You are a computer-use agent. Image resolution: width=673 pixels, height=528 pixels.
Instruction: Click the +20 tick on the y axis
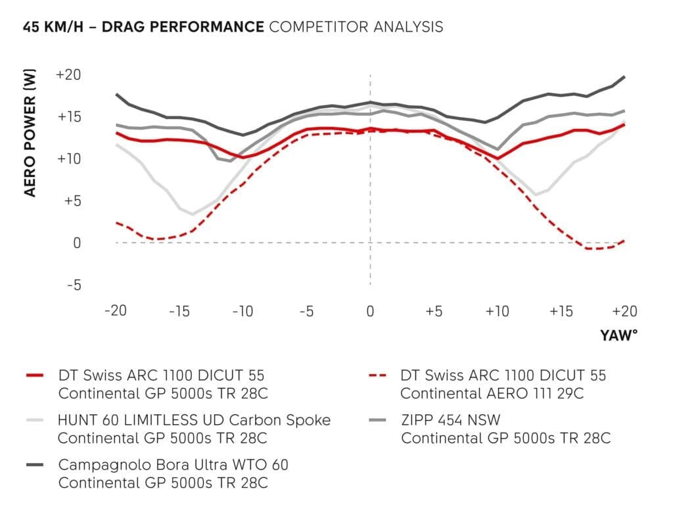tap(68, 75)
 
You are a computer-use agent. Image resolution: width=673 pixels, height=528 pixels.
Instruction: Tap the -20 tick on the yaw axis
tap(116, 310)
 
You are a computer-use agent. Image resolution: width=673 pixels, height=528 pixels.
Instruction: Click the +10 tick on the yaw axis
tap(497, 310)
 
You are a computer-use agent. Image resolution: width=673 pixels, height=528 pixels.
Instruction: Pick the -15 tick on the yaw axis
tap(179, 310)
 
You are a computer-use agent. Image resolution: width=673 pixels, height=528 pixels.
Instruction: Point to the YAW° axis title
tap(618, 335)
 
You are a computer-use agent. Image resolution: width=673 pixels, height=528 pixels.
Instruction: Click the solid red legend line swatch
tap(35, 375)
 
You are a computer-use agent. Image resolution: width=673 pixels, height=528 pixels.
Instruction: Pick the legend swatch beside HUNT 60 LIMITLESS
tap(35, 420)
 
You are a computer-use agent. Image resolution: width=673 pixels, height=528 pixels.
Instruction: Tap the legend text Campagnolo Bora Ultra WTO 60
tap(174, 464)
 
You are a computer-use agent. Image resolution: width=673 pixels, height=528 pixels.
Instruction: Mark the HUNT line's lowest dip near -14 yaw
tap(193, 214)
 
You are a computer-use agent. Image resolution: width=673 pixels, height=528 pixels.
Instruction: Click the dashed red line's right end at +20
tap(624, 241)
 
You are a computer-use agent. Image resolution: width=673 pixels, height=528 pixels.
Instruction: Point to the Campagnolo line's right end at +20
tap(624, 77)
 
